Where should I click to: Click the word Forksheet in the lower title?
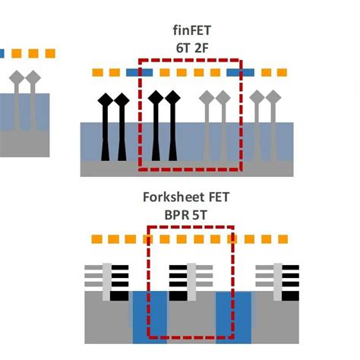172,199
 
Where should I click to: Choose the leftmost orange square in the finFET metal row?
97,73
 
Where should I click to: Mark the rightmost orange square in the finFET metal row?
283,73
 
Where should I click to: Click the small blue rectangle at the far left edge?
2,54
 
